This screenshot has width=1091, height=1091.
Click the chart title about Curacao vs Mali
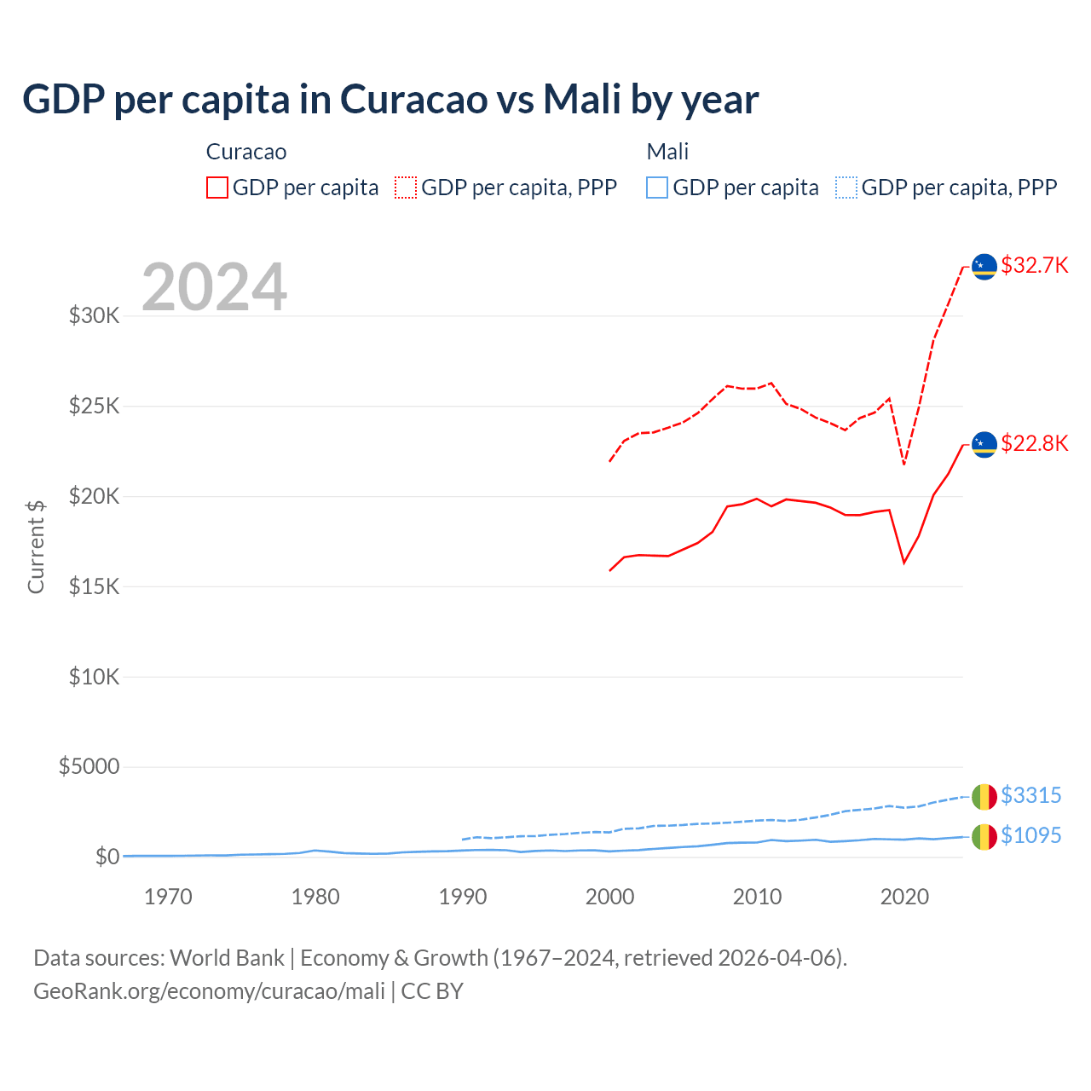(x=390, y=100)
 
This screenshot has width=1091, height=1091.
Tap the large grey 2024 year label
(x=214, y=287)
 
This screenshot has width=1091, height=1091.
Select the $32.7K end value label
(x=1034, y=265)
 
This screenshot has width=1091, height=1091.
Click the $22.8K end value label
(x=1034, y=443)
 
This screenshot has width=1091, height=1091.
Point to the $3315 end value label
(x=1030, y=795)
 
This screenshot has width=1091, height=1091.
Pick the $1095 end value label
(x=1030, y=835)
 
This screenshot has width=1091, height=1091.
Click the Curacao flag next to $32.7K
(x=984, y=267)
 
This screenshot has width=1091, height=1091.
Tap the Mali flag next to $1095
(x=984, y=837)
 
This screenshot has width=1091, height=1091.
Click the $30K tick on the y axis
(x=95, y=316)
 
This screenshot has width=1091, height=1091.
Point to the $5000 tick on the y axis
(x=89, y=766)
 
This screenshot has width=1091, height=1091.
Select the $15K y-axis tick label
(x=95, y=586)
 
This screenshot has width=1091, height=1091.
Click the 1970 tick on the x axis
(x=168, y=897)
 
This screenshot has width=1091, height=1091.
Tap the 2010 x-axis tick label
(x=757, y=897)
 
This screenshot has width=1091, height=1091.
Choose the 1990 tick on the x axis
(x=463, y=897)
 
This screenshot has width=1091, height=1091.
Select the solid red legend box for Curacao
(x=217, y=188)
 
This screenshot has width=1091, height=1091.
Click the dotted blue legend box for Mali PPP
(x=846, y=188)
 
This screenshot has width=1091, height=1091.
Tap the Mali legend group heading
(x=667, y=152)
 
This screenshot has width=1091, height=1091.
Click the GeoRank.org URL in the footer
(x=209, y=991)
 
